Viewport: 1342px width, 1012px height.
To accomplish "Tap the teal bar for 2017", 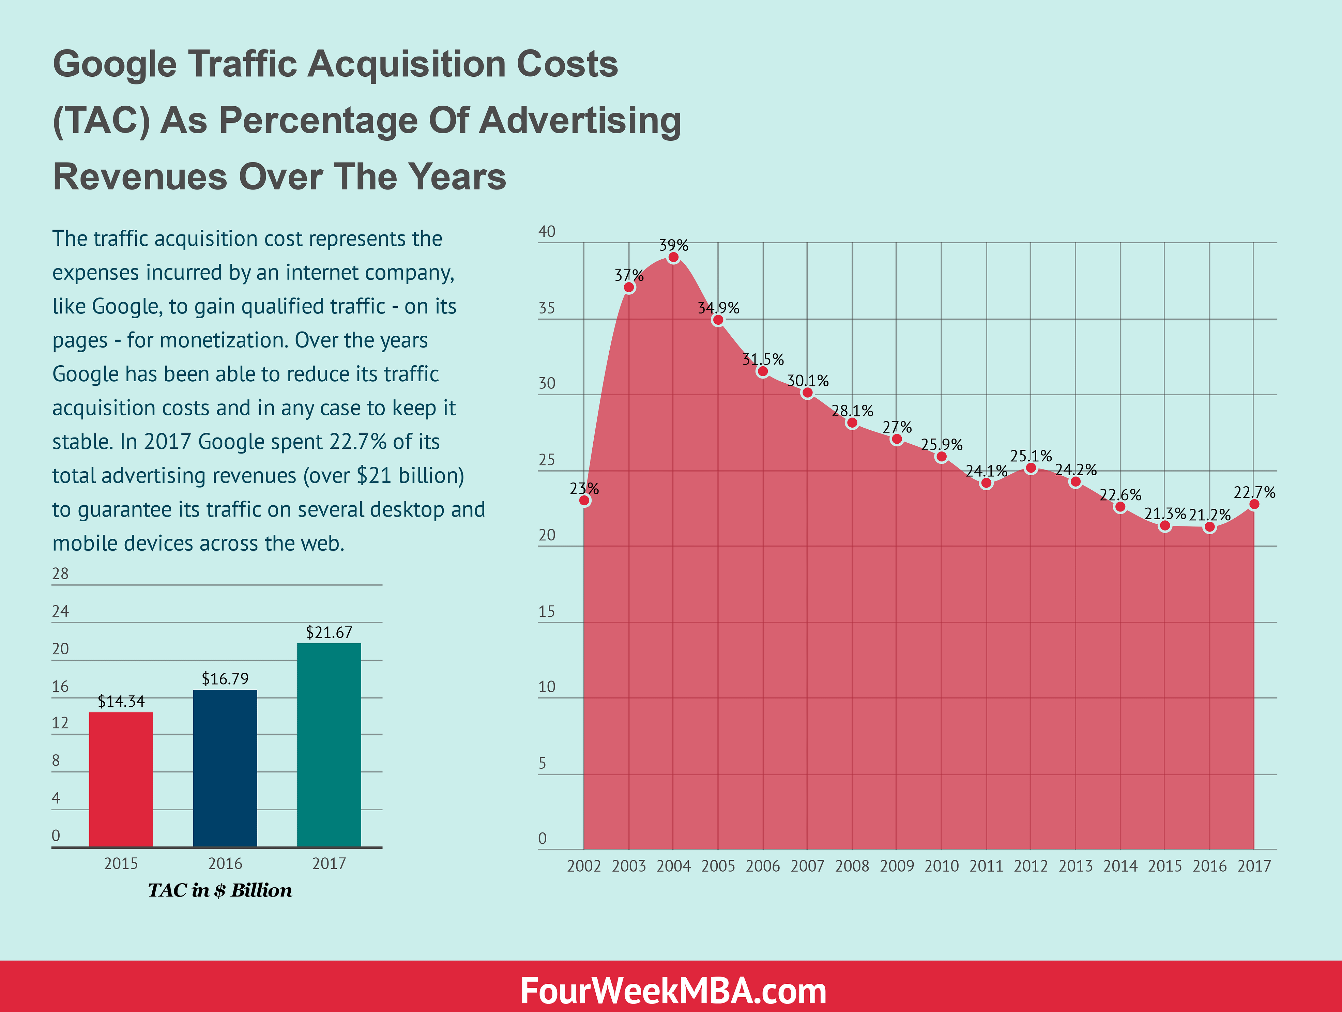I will click(329, 745).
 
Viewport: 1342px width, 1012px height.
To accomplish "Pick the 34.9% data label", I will click(718, 308).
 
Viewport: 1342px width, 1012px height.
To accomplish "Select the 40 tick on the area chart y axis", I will click(547, 232).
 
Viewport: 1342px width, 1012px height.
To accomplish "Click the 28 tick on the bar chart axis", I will click(60, 573).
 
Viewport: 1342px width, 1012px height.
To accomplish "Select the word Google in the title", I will click(115, 64).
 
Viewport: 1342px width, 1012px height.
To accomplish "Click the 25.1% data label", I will click(1031, 456).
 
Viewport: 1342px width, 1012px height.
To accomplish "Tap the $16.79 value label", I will click(225, 678).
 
